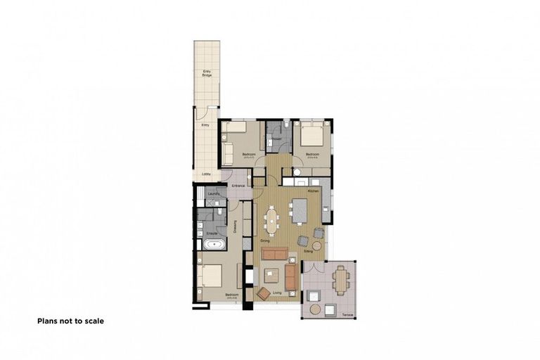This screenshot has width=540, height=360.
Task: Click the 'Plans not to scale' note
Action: (x=70, y=321)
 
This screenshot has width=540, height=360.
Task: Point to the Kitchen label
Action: (x=314, y=191)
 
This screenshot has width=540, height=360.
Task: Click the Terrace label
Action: (x=347, y=314)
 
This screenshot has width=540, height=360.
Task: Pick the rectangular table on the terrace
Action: (x=342, y=280)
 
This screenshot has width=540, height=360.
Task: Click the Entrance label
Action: (x=238, y=185)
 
